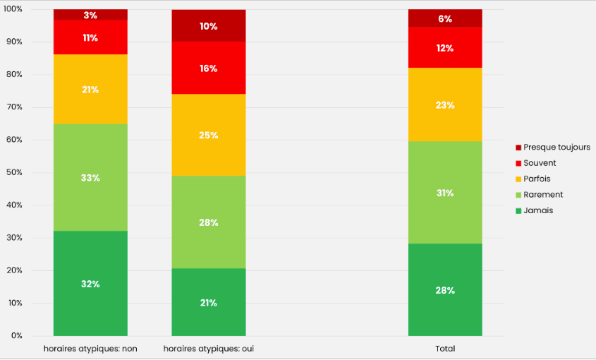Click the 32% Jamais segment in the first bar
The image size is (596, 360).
(x=90, y=284)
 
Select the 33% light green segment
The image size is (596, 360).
(x=90, y=178)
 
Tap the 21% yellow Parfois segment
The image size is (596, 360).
(x=90, y=90)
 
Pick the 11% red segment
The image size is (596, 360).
(x=90, y=37)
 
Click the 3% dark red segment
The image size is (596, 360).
(x=90, y=15)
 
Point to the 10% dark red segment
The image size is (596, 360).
(x=209, y=26)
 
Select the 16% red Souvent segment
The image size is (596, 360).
(x=209, y=68)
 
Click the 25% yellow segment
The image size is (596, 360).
(x=209, y=135)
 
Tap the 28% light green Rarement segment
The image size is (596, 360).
(x=209, y=222)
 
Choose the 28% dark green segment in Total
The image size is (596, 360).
(x=445, y=290)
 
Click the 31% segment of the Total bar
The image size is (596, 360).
(x=445, y=193)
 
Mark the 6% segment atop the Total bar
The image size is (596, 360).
(x=445, y=19)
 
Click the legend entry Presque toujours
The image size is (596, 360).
(x=556, y=148)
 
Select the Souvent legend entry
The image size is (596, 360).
(x=539, y=163)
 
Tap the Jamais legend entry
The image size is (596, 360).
(x=537, y=210)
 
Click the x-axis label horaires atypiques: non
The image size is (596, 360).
(x=90, y=349)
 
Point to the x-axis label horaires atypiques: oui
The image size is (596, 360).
(x=209, y=349)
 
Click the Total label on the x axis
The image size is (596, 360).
(x=445, y=349)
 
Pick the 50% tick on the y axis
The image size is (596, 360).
(x=15, y=173)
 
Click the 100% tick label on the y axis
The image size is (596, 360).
(x=13, y=9)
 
